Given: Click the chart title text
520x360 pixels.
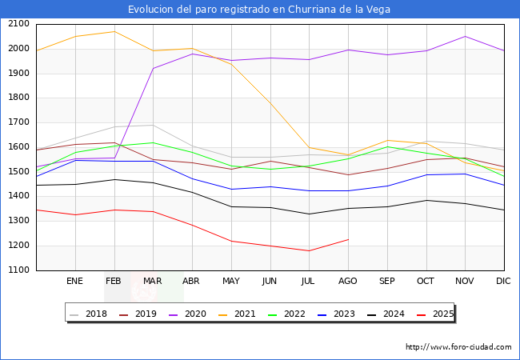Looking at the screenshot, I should click(259, 10).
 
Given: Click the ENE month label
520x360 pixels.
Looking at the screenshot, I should click(75, 282).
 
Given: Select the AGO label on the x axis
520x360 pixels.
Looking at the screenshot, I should click(348, 282).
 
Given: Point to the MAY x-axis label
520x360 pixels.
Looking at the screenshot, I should click(231, 282).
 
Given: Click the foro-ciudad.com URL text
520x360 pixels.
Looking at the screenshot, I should click(458, 347).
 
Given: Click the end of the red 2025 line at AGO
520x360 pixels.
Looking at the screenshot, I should click(348, 239).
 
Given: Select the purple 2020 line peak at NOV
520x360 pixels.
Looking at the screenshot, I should click(465, 36).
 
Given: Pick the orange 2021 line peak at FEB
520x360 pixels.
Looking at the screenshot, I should click(114, 32).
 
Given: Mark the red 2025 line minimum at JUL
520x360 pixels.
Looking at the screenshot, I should click(309, 251).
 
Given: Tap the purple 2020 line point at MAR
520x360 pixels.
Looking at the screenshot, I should click(154, 68).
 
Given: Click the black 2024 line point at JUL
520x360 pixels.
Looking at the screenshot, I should click(309, 214).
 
